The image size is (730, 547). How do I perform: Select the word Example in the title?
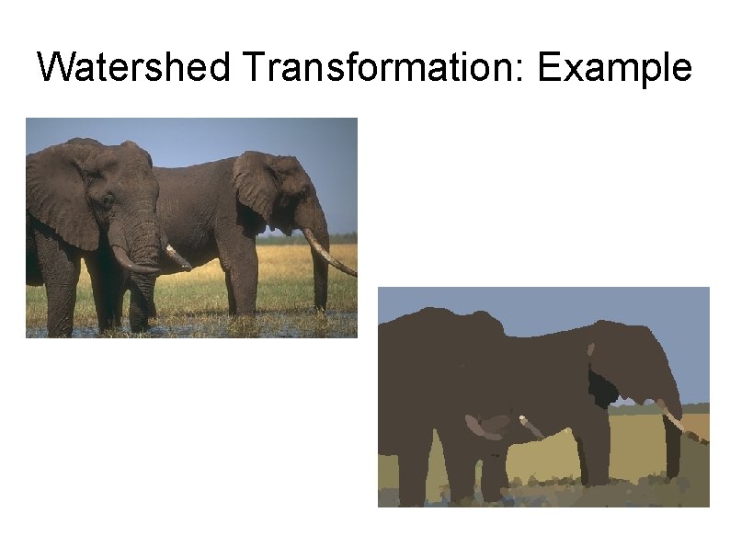(x=615, y=67)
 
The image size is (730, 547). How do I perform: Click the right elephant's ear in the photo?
(x=256, y=184)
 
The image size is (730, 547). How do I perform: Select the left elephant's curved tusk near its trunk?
(x=129, y=264)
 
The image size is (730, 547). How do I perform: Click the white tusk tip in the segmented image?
(x=523, y=420)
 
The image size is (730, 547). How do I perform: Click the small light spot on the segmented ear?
(x=591, y=350)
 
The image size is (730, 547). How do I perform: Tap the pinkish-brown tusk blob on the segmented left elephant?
(x=485, y=426)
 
